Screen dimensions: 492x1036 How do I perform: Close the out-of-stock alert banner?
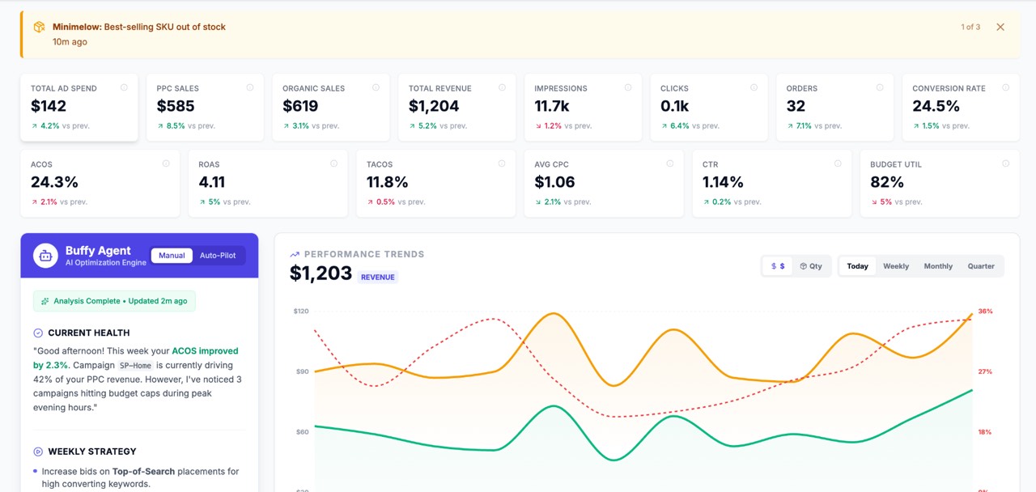click(x=1000, y=27)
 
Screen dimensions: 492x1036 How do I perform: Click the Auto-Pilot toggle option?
click(x=218, y=256)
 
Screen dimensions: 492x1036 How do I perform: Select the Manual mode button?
click(x=172, y=256)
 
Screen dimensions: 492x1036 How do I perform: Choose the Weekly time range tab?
click(x=896, y=266)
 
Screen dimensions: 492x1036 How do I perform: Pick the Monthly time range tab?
click(x=938, y=266)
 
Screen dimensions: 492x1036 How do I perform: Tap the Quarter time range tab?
click(x=981, y=266)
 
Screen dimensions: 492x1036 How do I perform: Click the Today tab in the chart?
click(x=857, y=266)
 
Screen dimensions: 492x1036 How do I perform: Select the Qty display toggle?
click(x=811, y=266)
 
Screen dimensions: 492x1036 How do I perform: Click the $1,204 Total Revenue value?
click(x=434, y=106)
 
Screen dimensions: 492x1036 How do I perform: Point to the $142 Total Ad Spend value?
click(x=49, y=106)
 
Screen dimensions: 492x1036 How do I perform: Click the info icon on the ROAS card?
click(x=333, y=163)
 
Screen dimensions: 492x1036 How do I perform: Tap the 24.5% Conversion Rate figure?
click(x=936, y=106)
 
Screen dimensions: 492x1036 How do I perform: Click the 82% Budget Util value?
click(x=887, y=182)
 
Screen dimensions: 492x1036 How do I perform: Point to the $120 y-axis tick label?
click(x=301, y=311)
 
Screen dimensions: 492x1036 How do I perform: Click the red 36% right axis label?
click(x=985, y=312)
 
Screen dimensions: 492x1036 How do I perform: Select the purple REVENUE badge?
click(x=378, y=277)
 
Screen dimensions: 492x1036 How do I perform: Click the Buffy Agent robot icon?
click(x=45, y=256)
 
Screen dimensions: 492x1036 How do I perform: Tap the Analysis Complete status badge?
click(x=114, y=301)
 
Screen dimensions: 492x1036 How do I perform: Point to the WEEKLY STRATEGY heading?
click(x=91, y=452)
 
